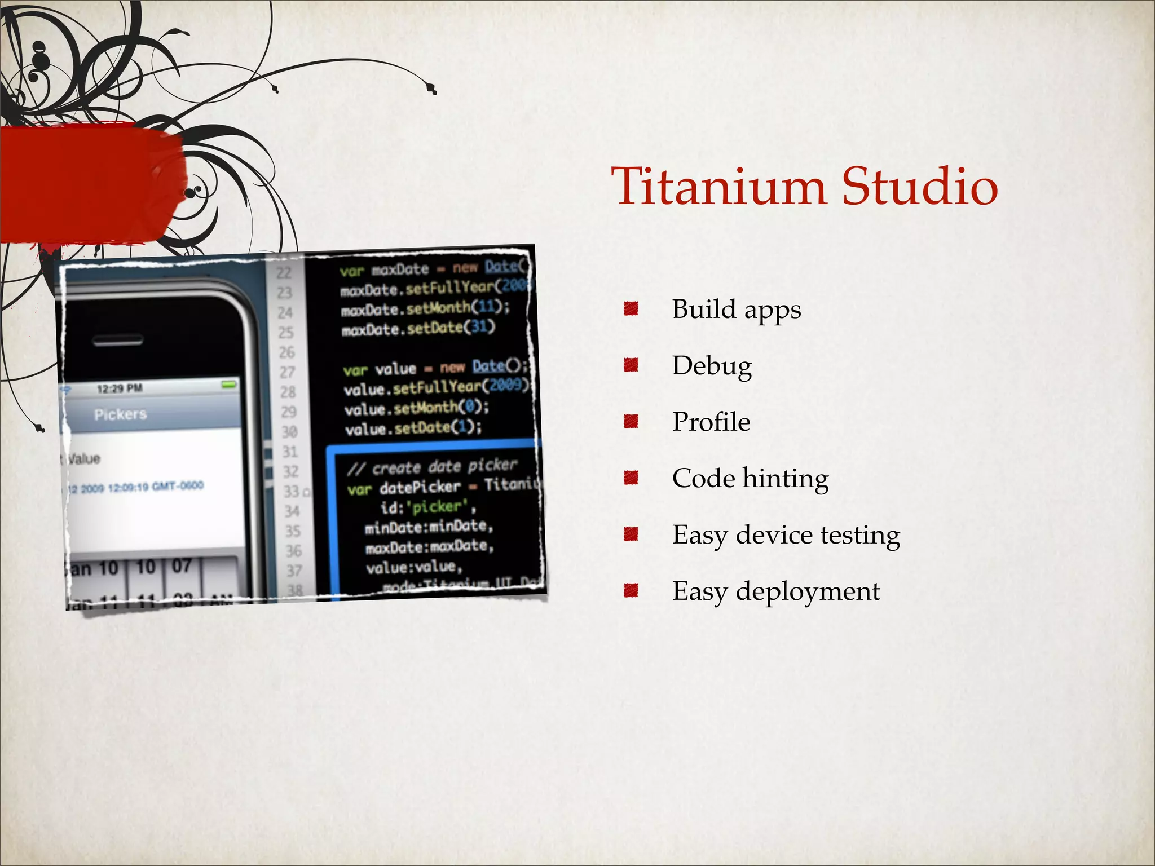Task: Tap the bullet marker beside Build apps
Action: click(631, 308)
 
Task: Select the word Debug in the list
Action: click(712, 366)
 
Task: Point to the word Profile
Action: click(711, 422)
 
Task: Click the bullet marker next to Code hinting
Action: click(631, 478)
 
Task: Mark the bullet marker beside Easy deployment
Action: click(631, 591)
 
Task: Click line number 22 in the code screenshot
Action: click(284, 273)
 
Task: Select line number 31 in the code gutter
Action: click(290, 452)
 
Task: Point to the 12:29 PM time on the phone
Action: click(120, 388)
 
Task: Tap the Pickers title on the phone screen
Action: click(120, 414)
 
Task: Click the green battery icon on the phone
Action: click(229, 385)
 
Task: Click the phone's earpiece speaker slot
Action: click(118, 341)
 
